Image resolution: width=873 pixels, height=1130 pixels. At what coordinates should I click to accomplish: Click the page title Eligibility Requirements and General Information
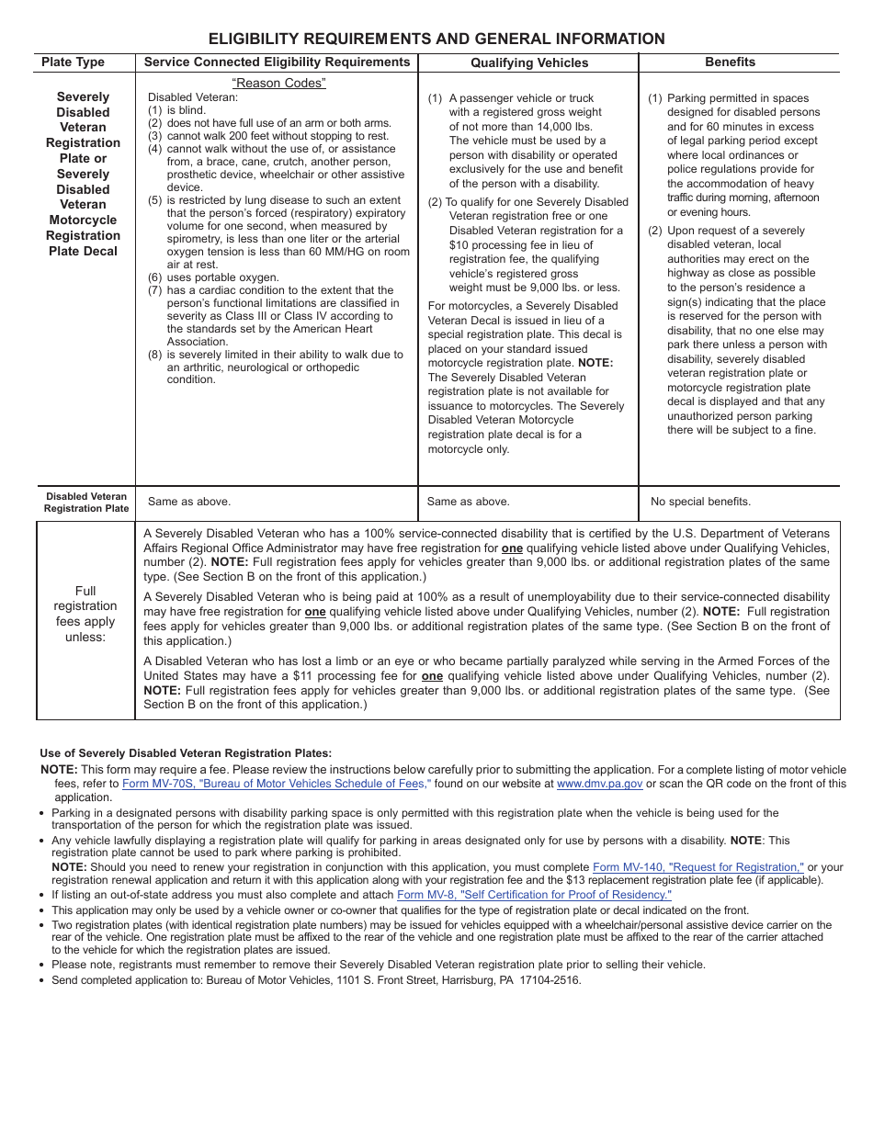coord(436,39)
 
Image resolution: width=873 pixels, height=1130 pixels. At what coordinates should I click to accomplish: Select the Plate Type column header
coord(74,62)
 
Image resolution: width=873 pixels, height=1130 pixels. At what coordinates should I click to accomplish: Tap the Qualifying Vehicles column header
coord(529,63)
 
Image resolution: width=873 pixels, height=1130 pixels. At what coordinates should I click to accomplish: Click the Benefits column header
coord(730,62)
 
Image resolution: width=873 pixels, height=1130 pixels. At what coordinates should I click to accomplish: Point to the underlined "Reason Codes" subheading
coord(278,84)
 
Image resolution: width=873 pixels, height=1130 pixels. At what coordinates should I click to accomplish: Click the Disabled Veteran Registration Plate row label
coord(86,502)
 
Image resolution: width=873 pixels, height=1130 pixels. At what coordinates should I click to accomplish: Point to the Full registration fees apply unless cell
coord(85,614)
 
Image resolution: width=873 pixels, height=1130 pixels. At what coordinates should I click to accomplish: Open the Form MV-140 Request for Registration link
coord(698,867)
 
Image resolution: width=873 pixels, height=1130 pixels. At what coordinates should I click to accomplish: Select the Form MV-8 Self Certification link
coord(534,895)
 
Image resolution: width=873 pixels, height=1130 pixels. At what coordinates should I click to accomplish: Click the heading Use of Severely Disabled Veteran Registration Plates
coord(186,753)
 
